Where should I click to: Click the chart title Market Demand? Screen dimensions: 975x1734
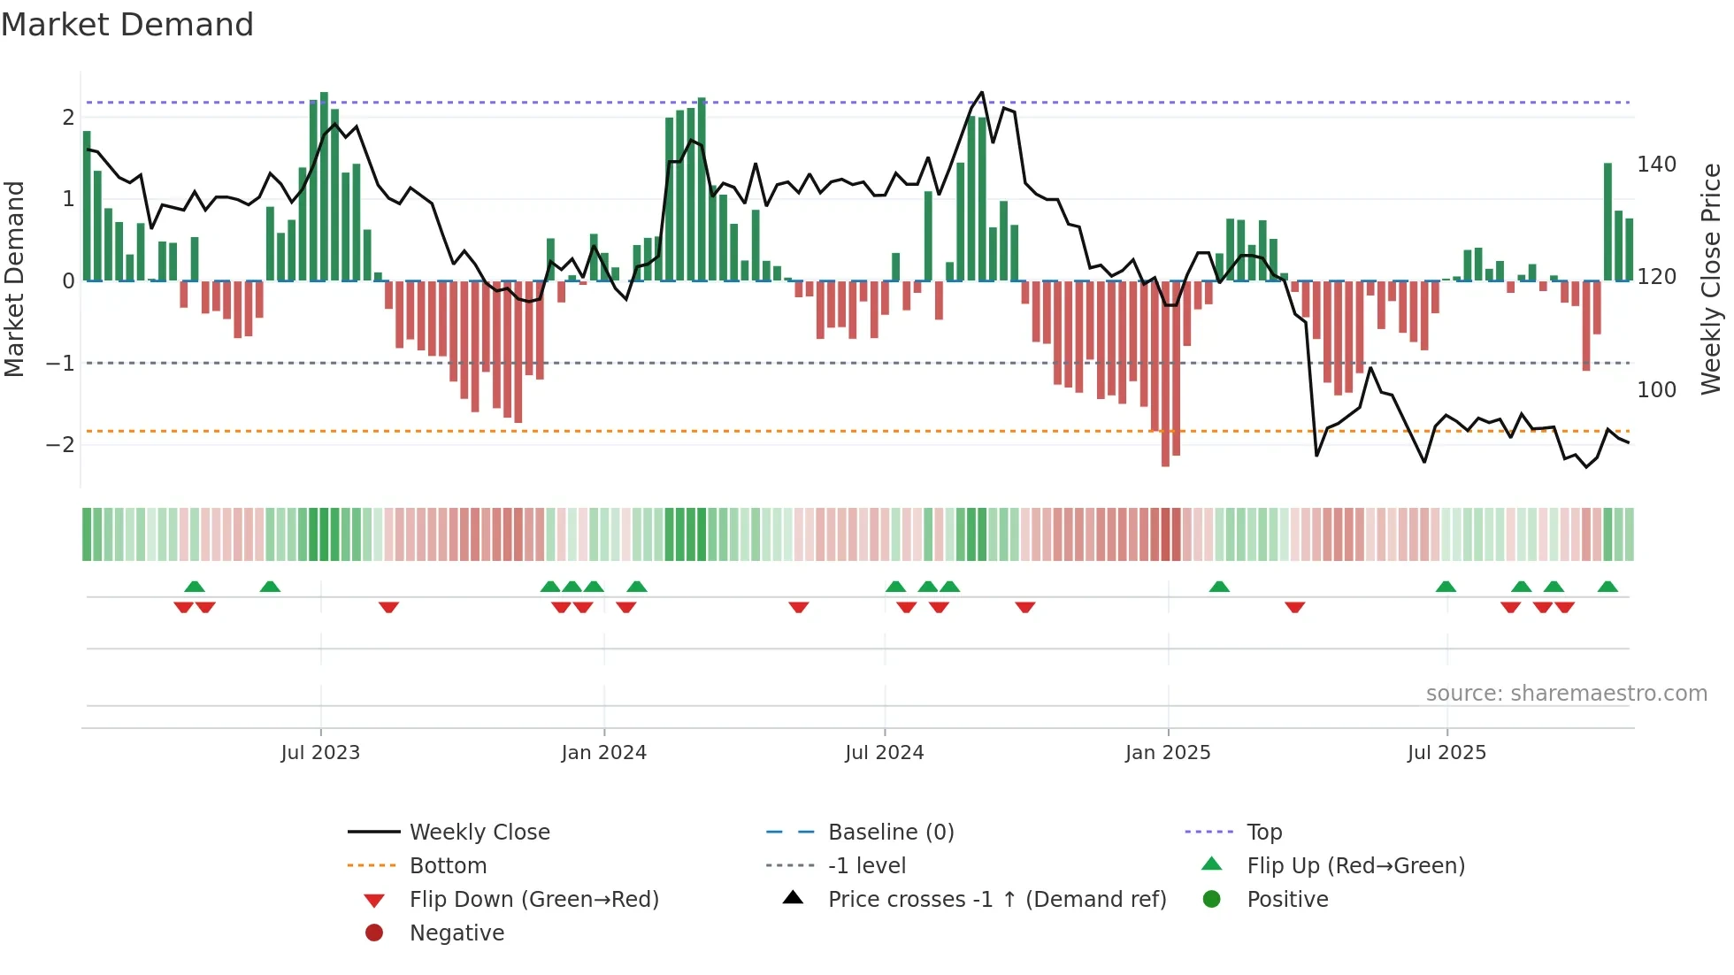coord(127,25)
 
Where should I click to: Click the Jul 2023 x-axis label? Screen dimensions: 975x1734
coord(320,753)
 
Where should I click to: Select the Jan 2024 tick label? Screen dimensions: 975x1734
coord(603,753)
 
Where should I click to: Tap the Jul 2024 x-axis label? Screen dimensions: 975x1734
coord(884,753)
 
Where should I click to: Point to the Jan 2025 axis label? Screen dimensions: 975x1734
coord(1168,753)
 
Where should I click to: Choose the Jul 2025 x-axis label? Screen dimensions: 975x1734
coord(1446,753)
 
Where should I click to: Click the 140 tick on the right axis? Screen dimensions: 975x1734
coord(1656,165)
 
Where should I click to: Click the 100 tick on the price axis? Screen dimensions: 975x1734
coord(1656,389)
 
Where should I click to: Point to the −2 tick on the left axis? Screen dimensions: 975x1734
coord(60,445)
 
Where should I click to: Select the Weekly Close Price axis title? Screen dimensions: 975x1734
coord(1711,279)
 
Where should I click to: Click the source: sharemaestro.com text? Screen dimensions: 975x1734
coord(1566,694)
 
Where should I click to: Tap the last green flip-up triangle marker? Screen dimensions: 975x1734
coord(1607,587)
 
